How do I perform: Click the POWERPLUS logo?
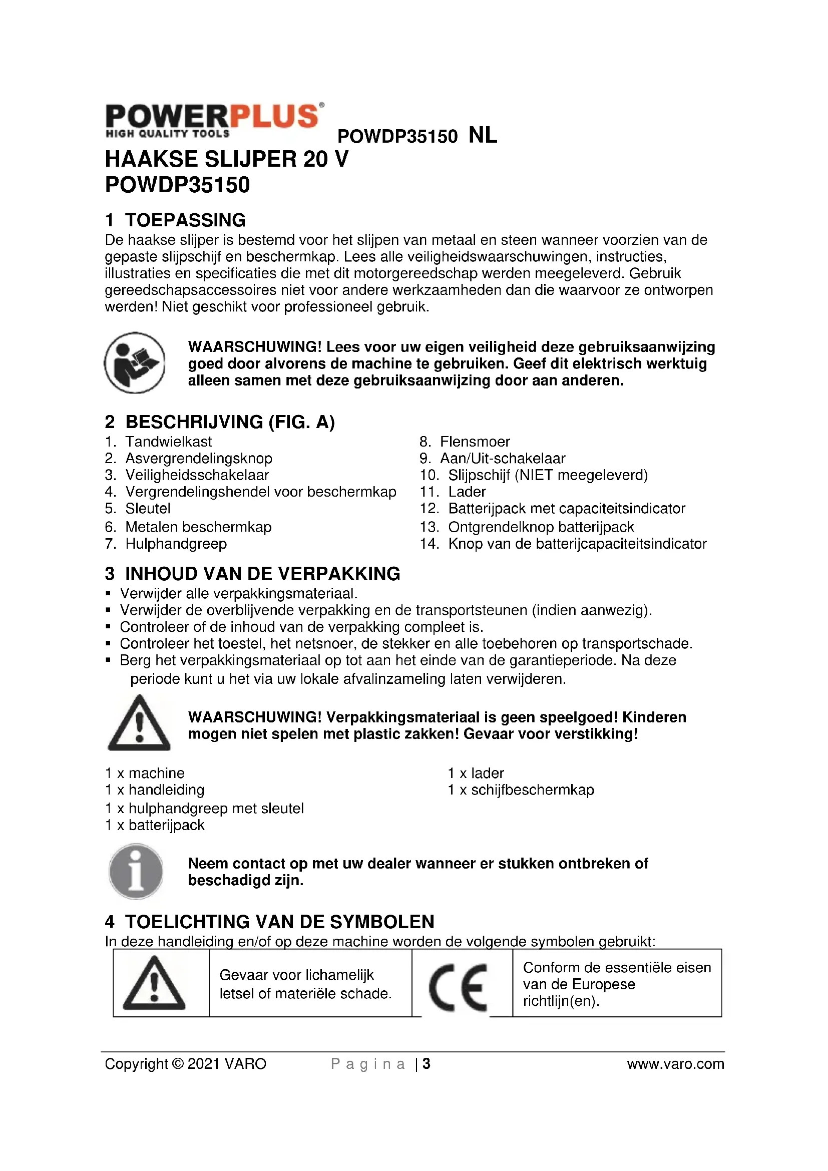pos(214,120)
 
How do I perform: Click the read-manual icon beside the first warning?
pos(135,362)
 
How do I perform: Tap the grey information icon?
pos(136,871)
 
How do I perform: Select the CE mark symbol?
pos(459,987)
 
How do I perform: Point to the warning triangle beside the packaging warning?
pos(139,723)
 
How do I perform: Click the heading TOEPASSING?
pos(185,220)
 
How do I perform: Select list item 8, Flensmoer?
pos(474,442)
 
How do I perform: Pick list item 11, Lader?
pos(467,492)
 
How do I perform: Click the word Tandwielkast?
pos(168,442)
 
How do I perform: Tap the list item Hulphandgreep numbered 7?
pos(176,544)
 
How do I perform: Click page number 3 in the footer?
pos(427,1064)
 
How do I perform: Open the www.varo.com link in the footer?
pos(675,1064)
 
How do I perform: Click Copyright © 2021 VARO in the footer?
pos(186,1064)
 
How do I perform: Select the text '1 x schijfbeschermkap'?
pos(521,790)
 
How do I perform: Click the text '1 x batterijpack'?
pos(155,825)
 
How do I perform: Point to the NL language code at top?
pos(482,136)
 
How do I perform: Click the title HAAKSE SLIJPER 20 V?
pos(226,159)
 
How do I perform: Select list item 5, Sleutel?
pos(148,509)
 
